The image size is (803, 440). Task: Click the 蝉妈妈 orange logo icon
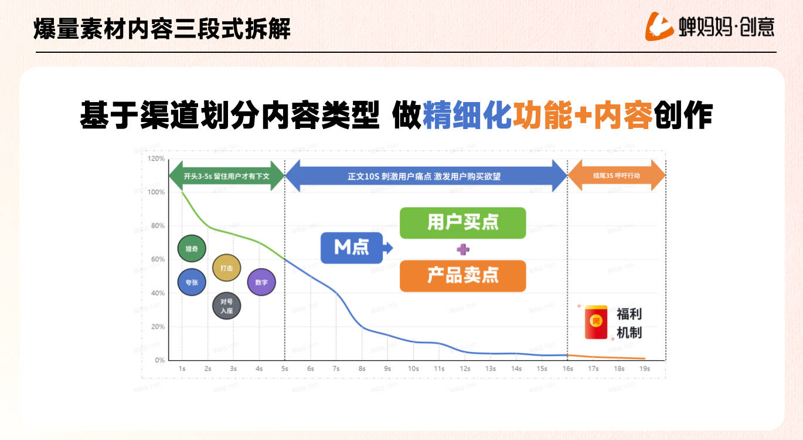click(659, 26)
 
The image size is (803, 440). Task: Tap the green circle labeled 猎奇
click(192, 249)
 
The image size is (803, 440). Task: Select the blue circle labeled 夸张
click(192, 282)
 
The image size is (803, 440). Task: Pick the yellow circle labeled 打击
click(227, 268)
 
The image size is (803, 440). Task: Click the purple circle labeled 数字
click(261, 282)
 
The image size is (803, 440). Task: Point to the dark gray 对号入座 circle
click(227, 306)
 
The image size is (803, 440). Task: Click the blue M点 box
click(352, 248)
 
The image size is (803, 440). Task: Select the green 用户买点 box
click(462, 223)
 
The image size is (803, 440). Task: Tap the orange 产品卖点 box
click(462, 276)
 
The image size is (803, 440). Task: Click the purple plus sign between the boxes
click(463, 249)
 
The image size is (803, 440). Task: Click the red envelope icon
click(596, 322)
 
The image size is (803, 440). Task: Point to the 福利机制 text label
click(629, 323)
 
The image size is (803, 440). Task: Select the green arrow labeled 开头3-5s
click(226, 175)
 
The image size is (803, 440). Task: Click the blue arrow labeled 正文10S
click(426, 175)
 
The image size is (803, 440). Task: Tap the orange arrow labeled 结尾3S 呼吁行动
click(617, 175)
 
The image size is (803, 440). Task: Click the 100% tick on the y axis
click(156, 192)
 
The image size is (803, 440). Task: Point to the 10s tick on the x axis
click(413, 368)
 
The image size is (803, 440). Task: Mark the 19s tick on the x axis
click(645, 368)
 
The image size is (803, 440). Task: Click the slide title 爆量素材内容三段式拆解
click(162, 28)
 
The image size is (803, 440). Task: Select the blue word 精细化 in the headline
click(467, 116)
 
